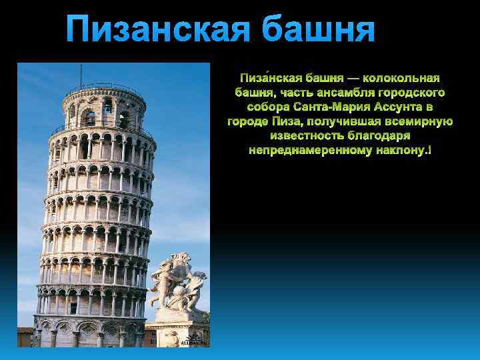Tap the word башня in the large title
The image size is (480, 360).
point(318,31)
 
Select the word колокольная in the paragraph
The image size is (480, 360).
point(401,79)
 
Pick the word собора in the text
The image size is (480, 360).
point(265,108)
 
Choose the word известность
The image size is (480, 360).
point(303,136)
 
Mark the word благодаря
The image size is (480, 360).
point(381,136)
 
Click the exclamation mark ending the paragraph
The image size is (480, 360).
point(429,151)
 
